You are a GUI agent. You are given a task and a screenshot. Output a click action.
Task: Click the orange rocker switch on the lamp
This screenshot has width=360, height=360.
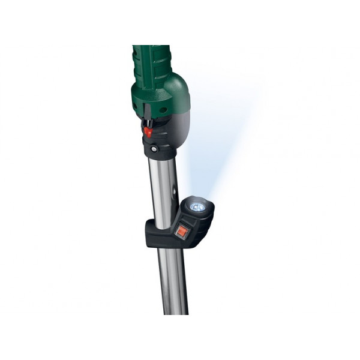[x=181, y=228]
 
